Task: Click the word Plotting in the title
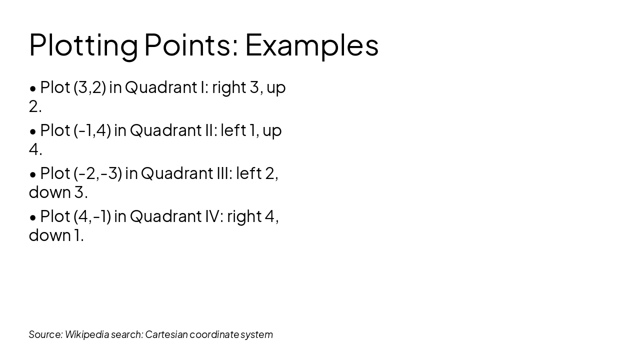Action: click(x=83, y=45)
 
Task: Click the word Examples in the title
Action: click(x=311, y=45)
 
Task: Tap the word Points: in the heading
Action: click(x=191, y=45)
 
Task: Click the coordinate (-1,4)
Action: click(x=92, y=130)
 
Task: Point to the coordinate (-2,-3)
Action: click(x=97, y=173)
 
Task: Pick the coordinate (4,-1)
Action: click(x=92, y=216)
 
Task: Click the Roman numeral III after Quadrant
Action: click(x=217, y=173)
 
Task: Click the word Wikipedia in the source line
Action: click(x=86, y=334)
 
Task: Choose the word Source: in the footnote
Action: click(x=45, y=334)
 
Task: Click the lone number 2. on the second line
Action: click(x=35, y=106)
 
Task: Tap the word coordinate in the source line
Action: click(x=214, y=334)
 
